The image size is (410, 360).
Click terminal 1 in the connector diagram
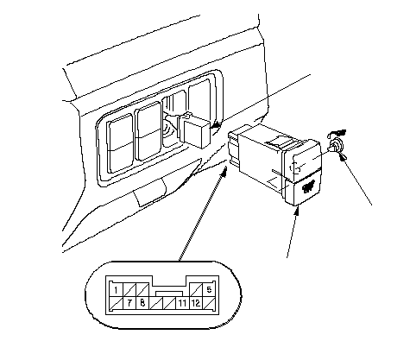click(117, 290)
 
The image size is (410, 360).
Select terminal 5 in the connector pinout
click(209, 289)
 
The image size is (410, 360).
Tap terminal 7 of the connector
click(129, 303)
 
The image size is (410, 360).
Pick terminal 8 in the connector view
click(142, 303)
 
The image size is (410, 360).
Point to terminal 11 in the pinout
click(182, 303)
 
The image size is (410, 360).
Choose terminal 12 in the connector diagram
click(196, 303)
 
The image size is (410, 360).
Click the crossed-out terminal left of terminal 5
click(196, 289)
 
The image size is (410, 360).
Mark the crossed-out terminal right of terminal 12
click(209, 303)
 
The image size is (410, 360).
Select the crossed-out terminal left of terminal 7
click(117, 303)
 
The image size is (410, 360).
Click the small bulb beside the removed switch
click(336, 145)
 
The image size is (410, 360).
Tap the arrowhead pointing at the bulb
click(343, 157)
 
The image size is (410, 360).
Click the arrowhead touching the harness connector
click(216, 125)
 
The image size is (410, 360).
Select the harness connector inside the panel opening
click(194, 130)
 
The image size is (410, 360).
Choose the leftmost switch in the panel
click(120, 143)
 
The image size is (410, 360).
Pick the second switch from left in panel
click(148, 131)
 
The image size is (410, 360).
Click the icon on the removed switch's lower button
click(308, 187)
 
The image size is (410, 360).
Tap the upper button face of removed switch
click(303, 161)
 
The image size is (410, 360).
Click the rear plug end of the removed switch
click(234, 148)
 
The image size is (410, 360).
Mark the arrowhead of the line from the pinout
click(224, 172)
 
